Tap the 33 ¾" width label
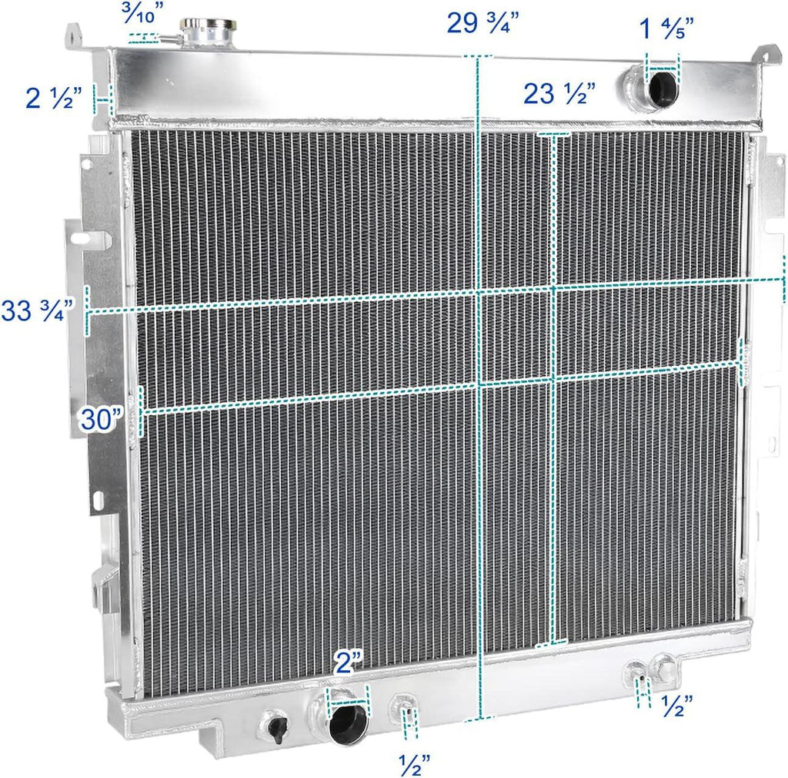click(x=38, y=310)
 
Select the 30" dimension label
click(x=102, y=421)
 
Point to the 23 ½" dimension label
click(x=559, y=94)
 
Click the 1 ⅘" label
click(x=666, y=30)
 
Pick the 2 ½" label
click(x=53, y=98)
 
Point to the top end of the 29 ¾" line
click(x=477, y=57)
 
